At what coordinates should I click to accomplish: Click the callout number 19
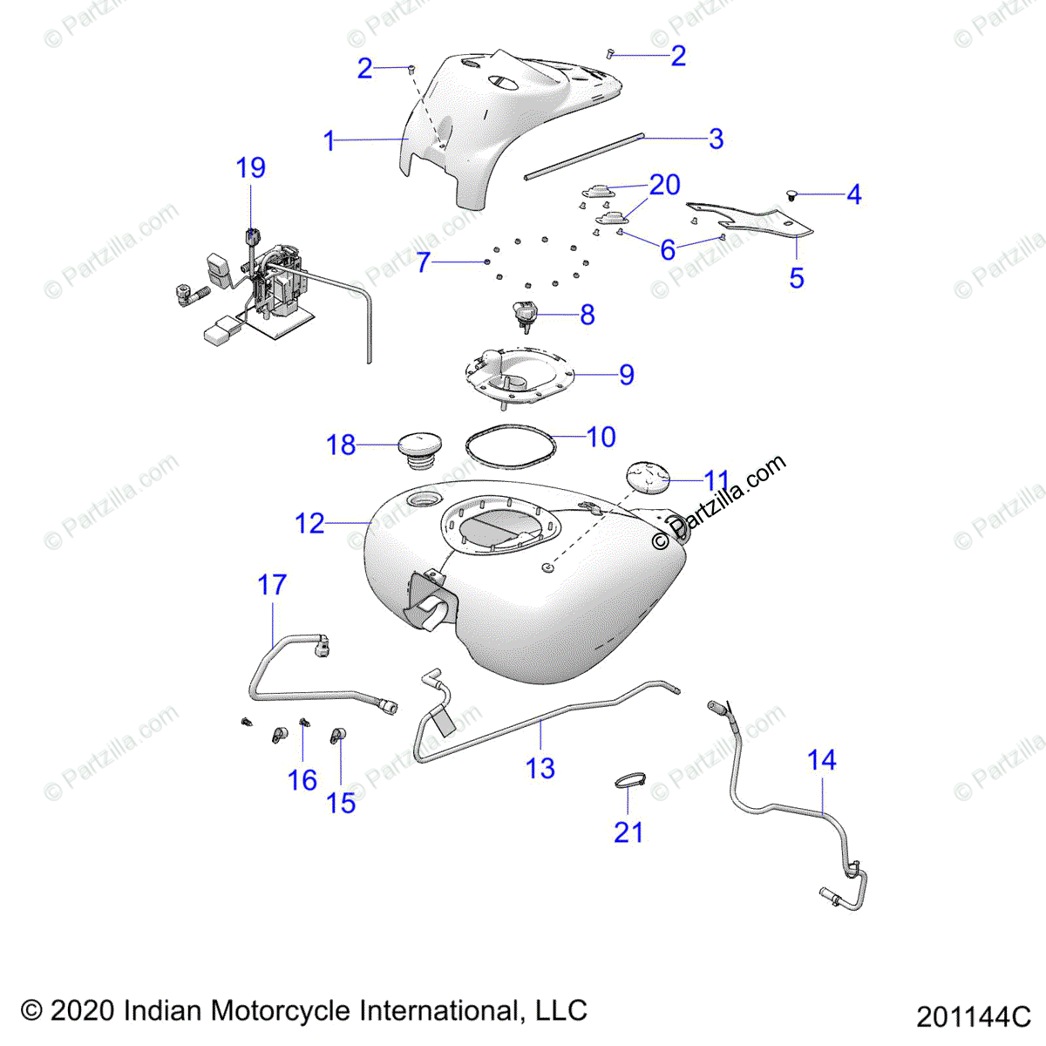point(250,167)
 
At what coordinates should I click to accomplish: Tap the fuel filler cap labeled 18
point(420,451)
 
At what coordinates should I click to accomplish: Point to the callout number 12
point(309,523)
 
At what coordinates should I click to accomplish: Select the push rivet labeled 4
point(793,195)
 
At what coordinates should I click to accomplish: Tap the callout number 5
point(797,278)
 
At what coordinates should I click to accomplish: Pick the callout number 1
point(329,140)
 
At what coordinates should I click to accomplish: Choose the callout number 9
point(627,375)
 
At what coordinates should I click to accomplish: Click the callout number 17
point(272,585)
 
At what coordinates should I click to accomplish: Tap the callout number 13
point(540,769)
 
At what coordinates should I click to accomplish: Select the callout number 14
point(822,760)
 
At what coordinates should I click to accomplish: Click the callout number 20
point(665,185)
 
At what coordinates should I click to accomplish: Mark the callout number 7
point(424,262)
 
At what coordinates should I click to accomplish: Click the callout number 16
point(302,780)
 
